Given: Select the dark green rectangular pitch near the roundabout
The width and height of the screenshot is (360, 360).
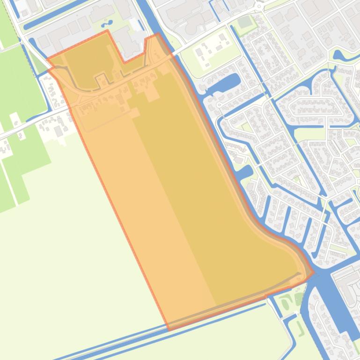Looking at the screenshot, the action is [244, 22].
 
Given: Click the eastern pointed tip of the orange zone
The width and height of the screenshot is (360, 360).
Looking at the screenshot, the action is [313, 273].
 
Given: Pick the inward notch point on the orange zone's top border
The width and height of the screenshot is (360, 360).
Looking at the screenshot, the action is [125, 62].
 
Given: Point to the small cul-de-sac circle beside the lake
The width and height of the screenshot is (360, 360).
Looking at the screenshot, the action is [219, 105].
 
